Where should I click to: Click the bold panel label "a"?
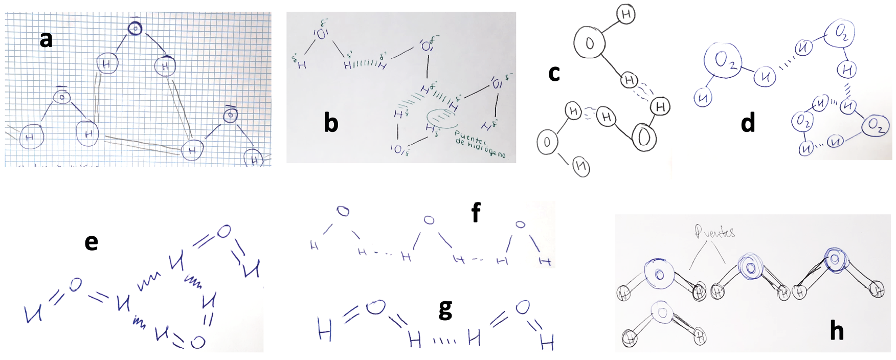[46, 39]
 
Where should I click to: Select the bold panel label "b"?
[331, 123]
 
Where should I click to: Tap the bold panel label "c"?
[554, 73]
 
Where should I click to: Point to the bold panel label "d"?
[748, 123]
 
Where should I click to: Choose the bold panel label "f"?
[476, 212]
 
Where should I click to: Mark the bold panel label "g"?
[445, 309]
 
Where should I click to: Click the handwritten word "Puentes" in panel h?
[714, 232]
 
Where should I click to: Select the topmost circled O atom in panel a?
[135, 29]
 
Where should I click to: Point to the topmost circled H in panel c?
[625, 15]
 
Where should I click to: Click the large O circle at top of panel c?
[590, 43]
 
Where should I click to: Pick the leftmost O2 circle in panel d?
[723, 60]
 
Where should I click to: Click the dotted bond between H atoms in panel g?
[444, 340]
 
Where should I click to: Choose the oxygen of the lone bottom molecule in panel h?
[663, 311]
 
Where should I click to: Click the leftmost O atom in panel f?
[343, 211]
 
